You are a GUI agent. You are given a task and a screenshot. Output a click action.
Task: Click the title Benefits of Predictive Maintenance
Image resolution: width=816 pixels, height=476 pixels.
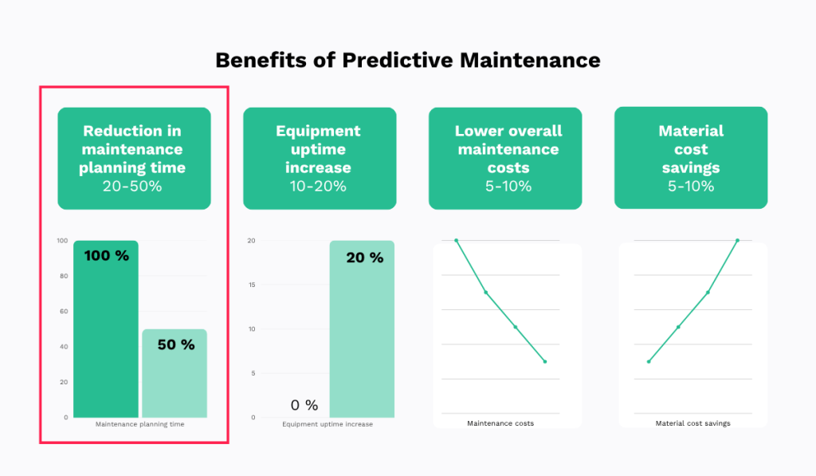[x=407, y=60]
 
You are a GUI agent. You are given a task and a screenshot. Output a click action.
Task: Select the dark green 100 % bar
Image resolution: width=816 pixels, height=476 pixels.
[x=106, y=335]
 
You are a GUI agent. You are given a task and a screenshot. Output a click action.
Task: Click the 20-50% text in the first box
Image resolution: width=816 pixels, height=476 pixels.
[x=134, y=186]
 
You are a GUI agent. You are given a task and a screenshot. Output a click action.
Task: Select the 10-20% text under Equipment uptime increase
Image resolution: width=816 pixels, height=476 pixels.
[x=319, y=186]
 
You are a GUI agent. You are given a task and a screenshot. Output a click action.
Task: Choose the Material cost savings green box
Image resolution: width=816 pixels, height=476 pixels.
[x=691, y=158]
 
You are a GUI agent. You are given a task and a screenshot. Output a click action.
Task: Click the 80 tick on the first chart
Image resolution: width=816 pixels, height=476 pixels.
[x=65, y=276]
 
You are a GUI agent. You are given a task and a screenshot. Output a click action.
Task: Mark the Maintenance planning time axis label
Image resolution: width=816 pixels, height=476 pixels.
[x=139, y=424]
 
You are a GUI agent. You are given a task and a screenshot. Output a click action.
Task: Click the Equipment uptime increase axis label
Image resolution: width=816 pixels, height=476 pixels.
[x=327, y=424]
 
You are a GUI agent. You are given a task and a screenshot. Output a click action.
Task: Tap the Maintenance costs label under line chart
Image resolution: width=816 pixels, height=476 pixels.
[x=500, y=423]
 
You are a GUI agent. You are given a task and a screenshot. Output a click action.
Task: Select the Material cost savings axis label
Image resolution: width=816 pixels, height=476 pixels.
[x=692, y=423]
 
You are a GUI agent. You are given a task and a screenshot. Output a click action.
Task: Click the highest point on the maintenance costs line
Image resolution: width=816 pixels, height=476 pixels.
[x=457, y=240]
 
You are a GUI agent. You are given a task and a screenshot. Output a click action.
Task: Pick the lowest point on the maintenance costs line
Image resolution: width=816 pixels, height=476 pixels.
[x=545, y=362]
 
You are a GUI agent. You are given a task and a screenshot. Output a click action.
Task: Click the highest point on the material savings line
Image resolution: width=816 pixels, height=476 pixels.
[x=737, y=240]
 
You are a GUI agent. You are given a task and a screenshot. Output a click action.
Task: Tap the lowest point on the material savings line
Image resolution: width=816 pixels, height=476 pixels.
[x=649, y=362]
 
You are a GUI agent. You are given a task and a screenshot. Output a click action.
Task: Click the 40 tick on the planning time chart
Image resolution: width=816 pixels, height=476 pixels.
[x=65, y=347]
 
